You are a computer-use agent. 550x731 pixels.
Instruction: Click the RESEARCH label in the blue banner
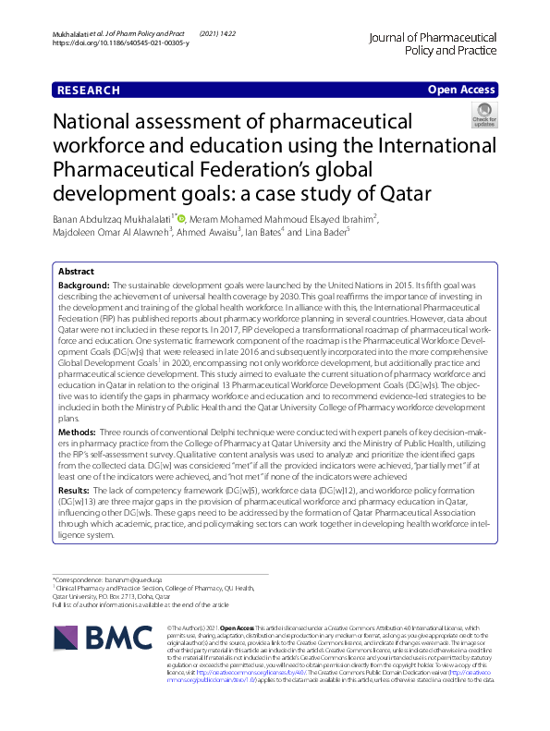[89, 91]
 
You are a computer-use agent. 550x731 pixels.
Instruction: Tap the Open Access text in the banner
[460, 91]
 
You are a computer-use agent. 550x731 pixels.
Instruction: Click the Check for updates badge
[484, 117]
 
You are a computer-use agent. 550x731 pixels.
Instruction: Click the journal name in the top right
[433, 44]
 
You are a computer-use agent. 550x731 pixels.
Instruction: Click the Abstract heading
[77, 273]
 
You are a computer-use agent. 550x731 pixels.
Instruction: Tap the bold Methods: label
[78, 433]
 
